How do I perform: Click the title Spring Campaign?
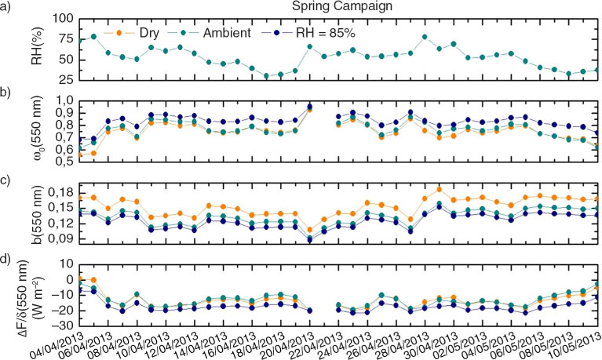[x=342, y=6]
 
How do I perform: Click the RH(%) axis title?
[x=36, y=45]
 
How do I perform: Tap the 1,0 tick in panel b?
[x=65, y=101]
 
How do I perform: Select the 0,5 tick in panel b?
[x=65, y=162]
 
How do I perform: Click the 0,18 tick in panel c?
[x=62, y=193]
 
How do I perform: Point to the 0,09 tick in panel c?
[x=62, y=238]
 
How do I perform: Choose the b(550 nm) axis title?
[x=36, y=213]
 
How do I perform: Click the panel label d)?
[x=5, y=260]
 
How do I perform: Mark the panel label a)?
[x=5, y=6]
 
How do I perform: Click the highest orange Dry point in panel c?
[x=440, y=189]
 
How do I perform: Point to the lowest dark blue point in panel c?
[x=310, y=240]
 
